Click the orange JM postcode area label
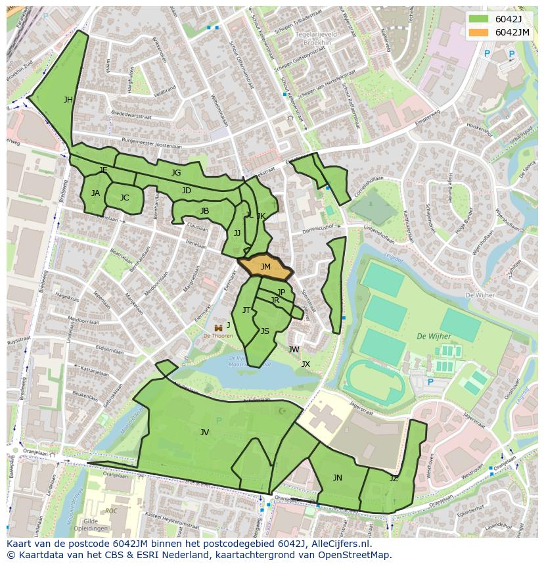coord(265,267)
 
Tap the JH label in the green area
coord(68,100)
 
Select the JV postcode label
coord(205,433)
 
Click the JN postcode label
coord(337,478)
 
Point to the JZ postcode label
coord(394,479)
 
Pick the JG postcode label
coord(176,173)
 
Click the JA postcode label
coord(96,193)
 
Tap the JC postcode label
coord(125,198)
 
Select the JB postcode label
coord(205,211)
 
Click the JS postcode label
coord(265,331)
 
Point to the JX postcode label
coord(306,364)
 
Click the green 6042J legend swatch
coord(478,18)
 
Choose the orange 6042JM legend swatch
coord(478,32)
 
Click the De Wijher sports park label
coord(434,337)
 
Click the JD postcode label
coord(187,191)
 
